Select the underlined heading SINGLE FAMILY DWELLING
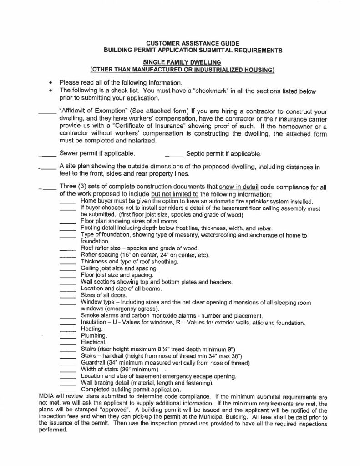[182, 61]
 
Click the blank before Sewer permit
[47, 155]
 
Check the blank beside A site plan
[47, 168]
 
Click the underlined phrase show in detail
[240, 187]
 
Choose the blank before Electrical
[67, 343]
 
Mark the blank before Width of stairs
[67, 370]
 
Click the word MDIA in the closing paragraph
[47, 397]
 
